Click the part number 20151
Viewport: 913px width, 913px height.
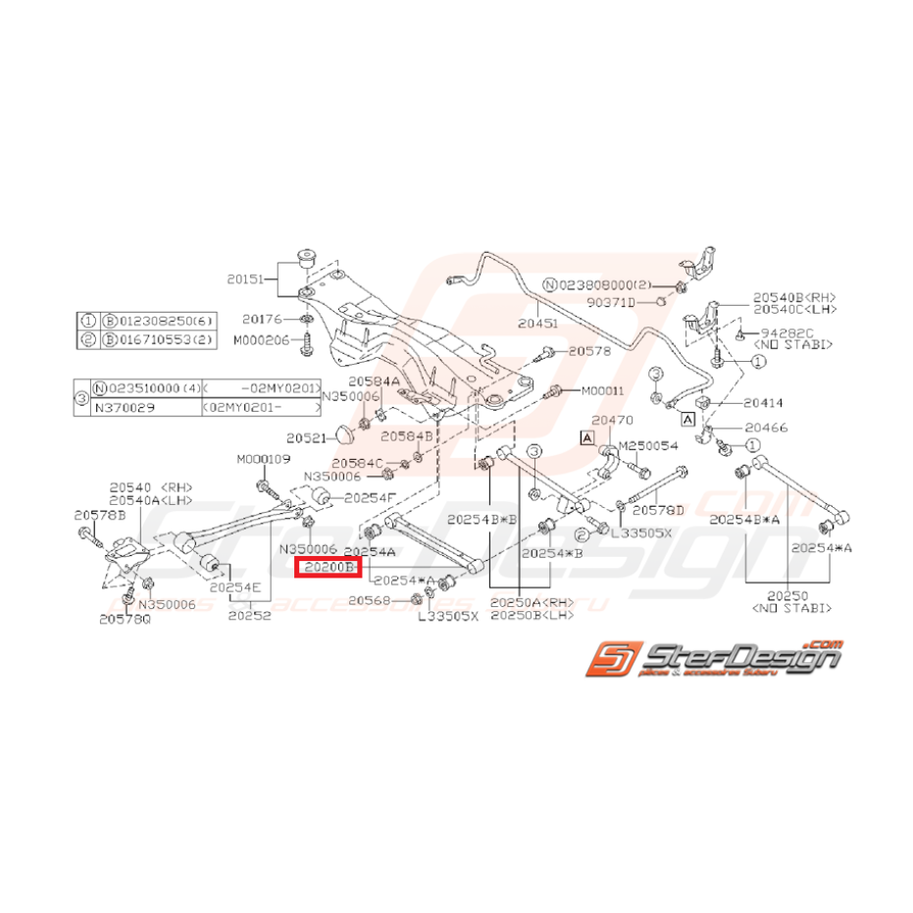tap(247, 279)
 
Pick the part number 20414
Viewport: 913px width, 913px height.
tap(764, 402)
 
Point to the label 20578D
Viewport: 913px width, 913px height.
tap(658, 510)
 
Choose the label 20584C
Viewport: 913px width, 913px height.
tap(355, 462)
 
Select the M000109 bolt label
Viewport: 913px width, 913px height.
tap(262, 459)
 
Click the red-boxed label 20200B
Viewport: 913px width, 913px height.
tap(329, 567)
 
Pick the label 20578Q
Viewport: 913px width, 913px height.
tap(126, 619)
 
